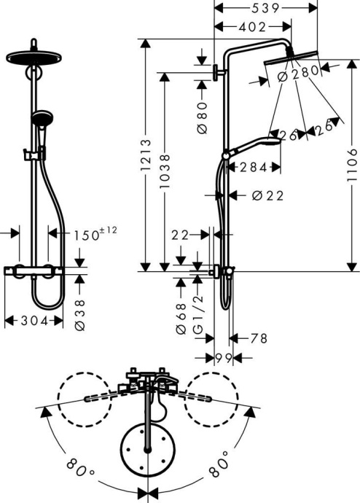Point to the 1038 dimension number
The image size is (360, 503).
[x=166, y=172]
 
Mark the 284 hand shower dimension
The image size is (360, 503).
[x=253, y=168]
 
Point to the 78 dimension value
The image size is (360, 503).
[x=258, y=338]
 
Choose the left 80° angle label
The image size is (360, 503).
[x=74, y=465]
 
